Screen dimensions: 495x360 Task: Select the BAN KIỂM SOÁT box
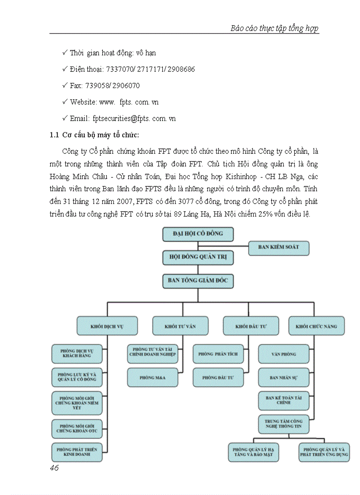click(278, 248)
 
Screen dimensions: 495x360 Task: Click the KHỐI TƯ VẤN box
click(180, 327)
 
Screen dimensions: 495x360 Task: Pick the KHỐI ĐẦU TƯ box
click(251, 327)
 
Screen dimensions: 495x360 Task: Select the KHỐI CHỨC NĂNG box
click(316, 327)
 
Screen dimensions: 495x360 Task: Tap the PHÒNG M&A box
click(153, 378)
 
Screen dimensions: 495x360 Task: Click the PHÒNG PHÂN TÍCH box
click(218, 354)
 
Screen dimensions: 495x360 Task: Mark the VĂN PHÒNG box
click(283, 354)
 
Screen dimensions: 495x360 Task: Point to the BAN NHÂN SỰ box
click(283, 378)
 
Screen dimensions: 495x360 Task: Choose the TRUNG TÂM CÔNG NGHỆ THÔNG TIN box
click(283, 424)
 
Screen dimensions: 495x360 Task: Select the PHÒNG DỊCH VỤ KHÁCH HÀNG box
click(77, 354)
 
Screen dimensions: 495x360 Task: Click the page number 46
click(54, 468)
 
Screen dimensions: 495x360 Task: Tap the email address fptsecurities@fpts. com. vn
click(134, 119)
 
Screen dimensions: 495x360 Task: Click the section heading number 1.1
click(54, 135)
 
